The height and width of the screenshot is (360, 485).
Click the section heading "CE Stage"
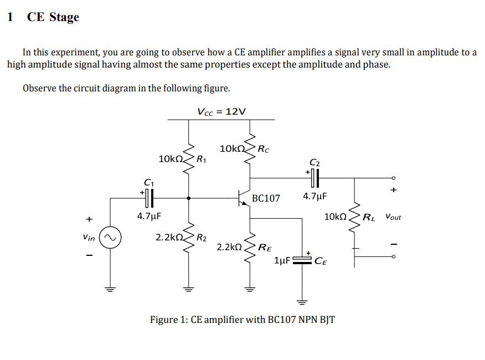point(53,17)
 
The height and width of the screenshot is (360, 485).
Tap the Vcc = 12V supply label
point(221,111)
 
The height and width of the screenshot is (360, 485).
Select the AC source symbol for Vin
point(109,238)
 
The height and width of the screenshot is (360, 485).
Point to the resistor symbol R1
point(189,159)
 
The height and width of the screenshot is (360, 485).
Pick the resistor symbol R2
point(189,238)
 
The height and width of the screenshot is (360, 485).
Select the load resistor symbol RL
point(355,217)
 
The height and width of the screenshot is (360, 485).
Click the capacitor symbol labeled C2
point(314,178)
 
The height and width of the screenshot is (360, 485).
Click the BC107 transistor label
point(266,198)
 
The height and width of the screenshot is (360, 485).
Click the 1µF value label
point(282,260)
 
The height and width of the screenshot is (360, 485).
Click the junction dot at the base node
point(189,197)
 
